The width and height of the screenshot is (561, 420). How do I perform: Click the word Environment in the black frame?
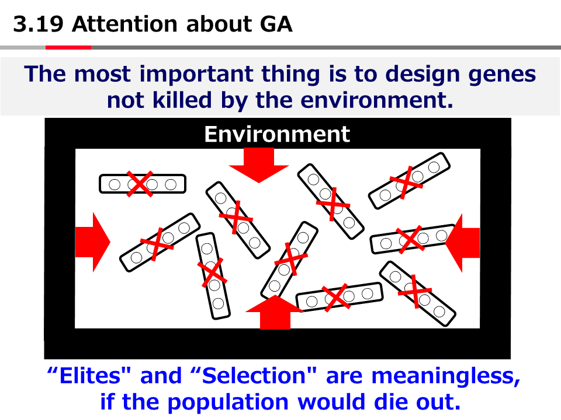point(277,134)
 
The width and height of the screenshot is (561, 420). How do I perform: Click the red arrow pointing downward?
point(259,165)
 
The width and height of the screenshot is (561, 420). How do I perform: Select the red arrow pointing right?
point(93,242)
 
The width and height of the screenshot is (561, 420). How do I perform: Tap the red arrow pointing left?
point(462,243)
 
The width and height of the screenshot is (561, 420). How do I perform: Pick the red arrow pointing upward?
point(275,311)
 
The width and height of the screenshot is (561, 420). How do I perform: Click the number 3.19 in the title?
point(39,24)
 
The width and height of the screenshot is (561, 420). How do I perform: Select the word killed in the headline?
point(182,100)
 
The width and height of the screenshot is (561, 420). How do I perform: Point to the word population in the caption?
point(228,402)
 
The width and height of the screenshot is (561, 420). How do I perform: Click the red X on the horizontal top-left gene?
point(140,184)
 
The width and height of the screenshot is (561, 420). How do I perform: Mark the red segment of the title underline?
point(68,47)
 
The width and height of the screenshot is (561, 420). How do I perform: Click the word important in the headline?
point(196,75)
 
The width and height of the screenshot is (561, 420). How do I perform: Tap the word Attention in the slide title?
point(125,24)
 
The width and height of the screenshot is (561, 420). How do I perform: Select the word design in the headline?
point(423,75)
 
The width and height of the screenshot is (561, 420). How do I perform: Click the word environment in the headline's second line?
point(377,100)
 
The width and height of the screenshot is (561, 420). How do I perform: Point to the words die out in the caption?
point(417,402)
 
